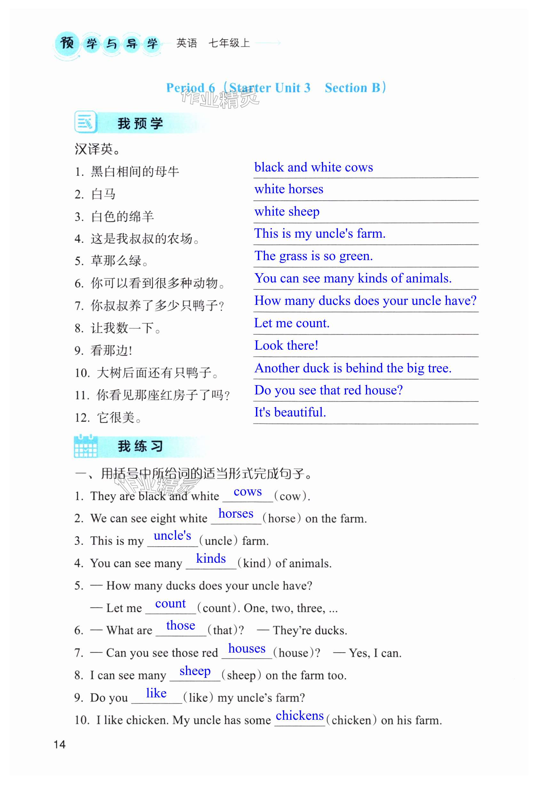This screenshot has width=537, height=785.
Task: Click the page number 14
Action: [60, 744]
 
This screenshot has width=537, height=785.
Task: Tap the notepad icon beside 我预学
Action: [85, 122]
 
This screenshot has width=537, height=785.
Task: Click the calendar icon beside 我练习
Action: [85, 446]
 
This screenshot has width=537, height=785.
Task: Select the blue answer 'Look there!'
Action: [286, 345]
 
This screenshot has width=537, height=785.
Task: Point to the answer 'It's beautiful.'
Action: [290, 412]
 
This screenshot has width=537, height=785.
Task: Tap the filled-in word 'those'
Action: [180, 626]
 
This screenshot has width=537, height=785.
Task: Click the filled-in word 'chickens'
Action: [300, 715]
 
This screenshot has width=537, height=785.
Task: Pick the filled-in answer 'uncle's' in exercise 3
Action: [172, 536]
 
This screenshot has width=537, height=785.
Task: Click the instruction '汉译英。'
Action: [97, 149]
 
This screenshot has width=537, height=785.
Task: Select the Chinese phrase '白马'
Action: [103, 194]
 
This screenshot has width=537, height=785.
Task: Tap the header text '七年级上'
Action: [229, 43]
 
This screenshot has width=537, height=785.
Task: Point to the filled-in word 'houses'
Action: [247, 648]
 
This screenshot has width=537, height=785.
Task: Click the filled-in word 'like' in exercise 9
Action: [156, 693]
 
